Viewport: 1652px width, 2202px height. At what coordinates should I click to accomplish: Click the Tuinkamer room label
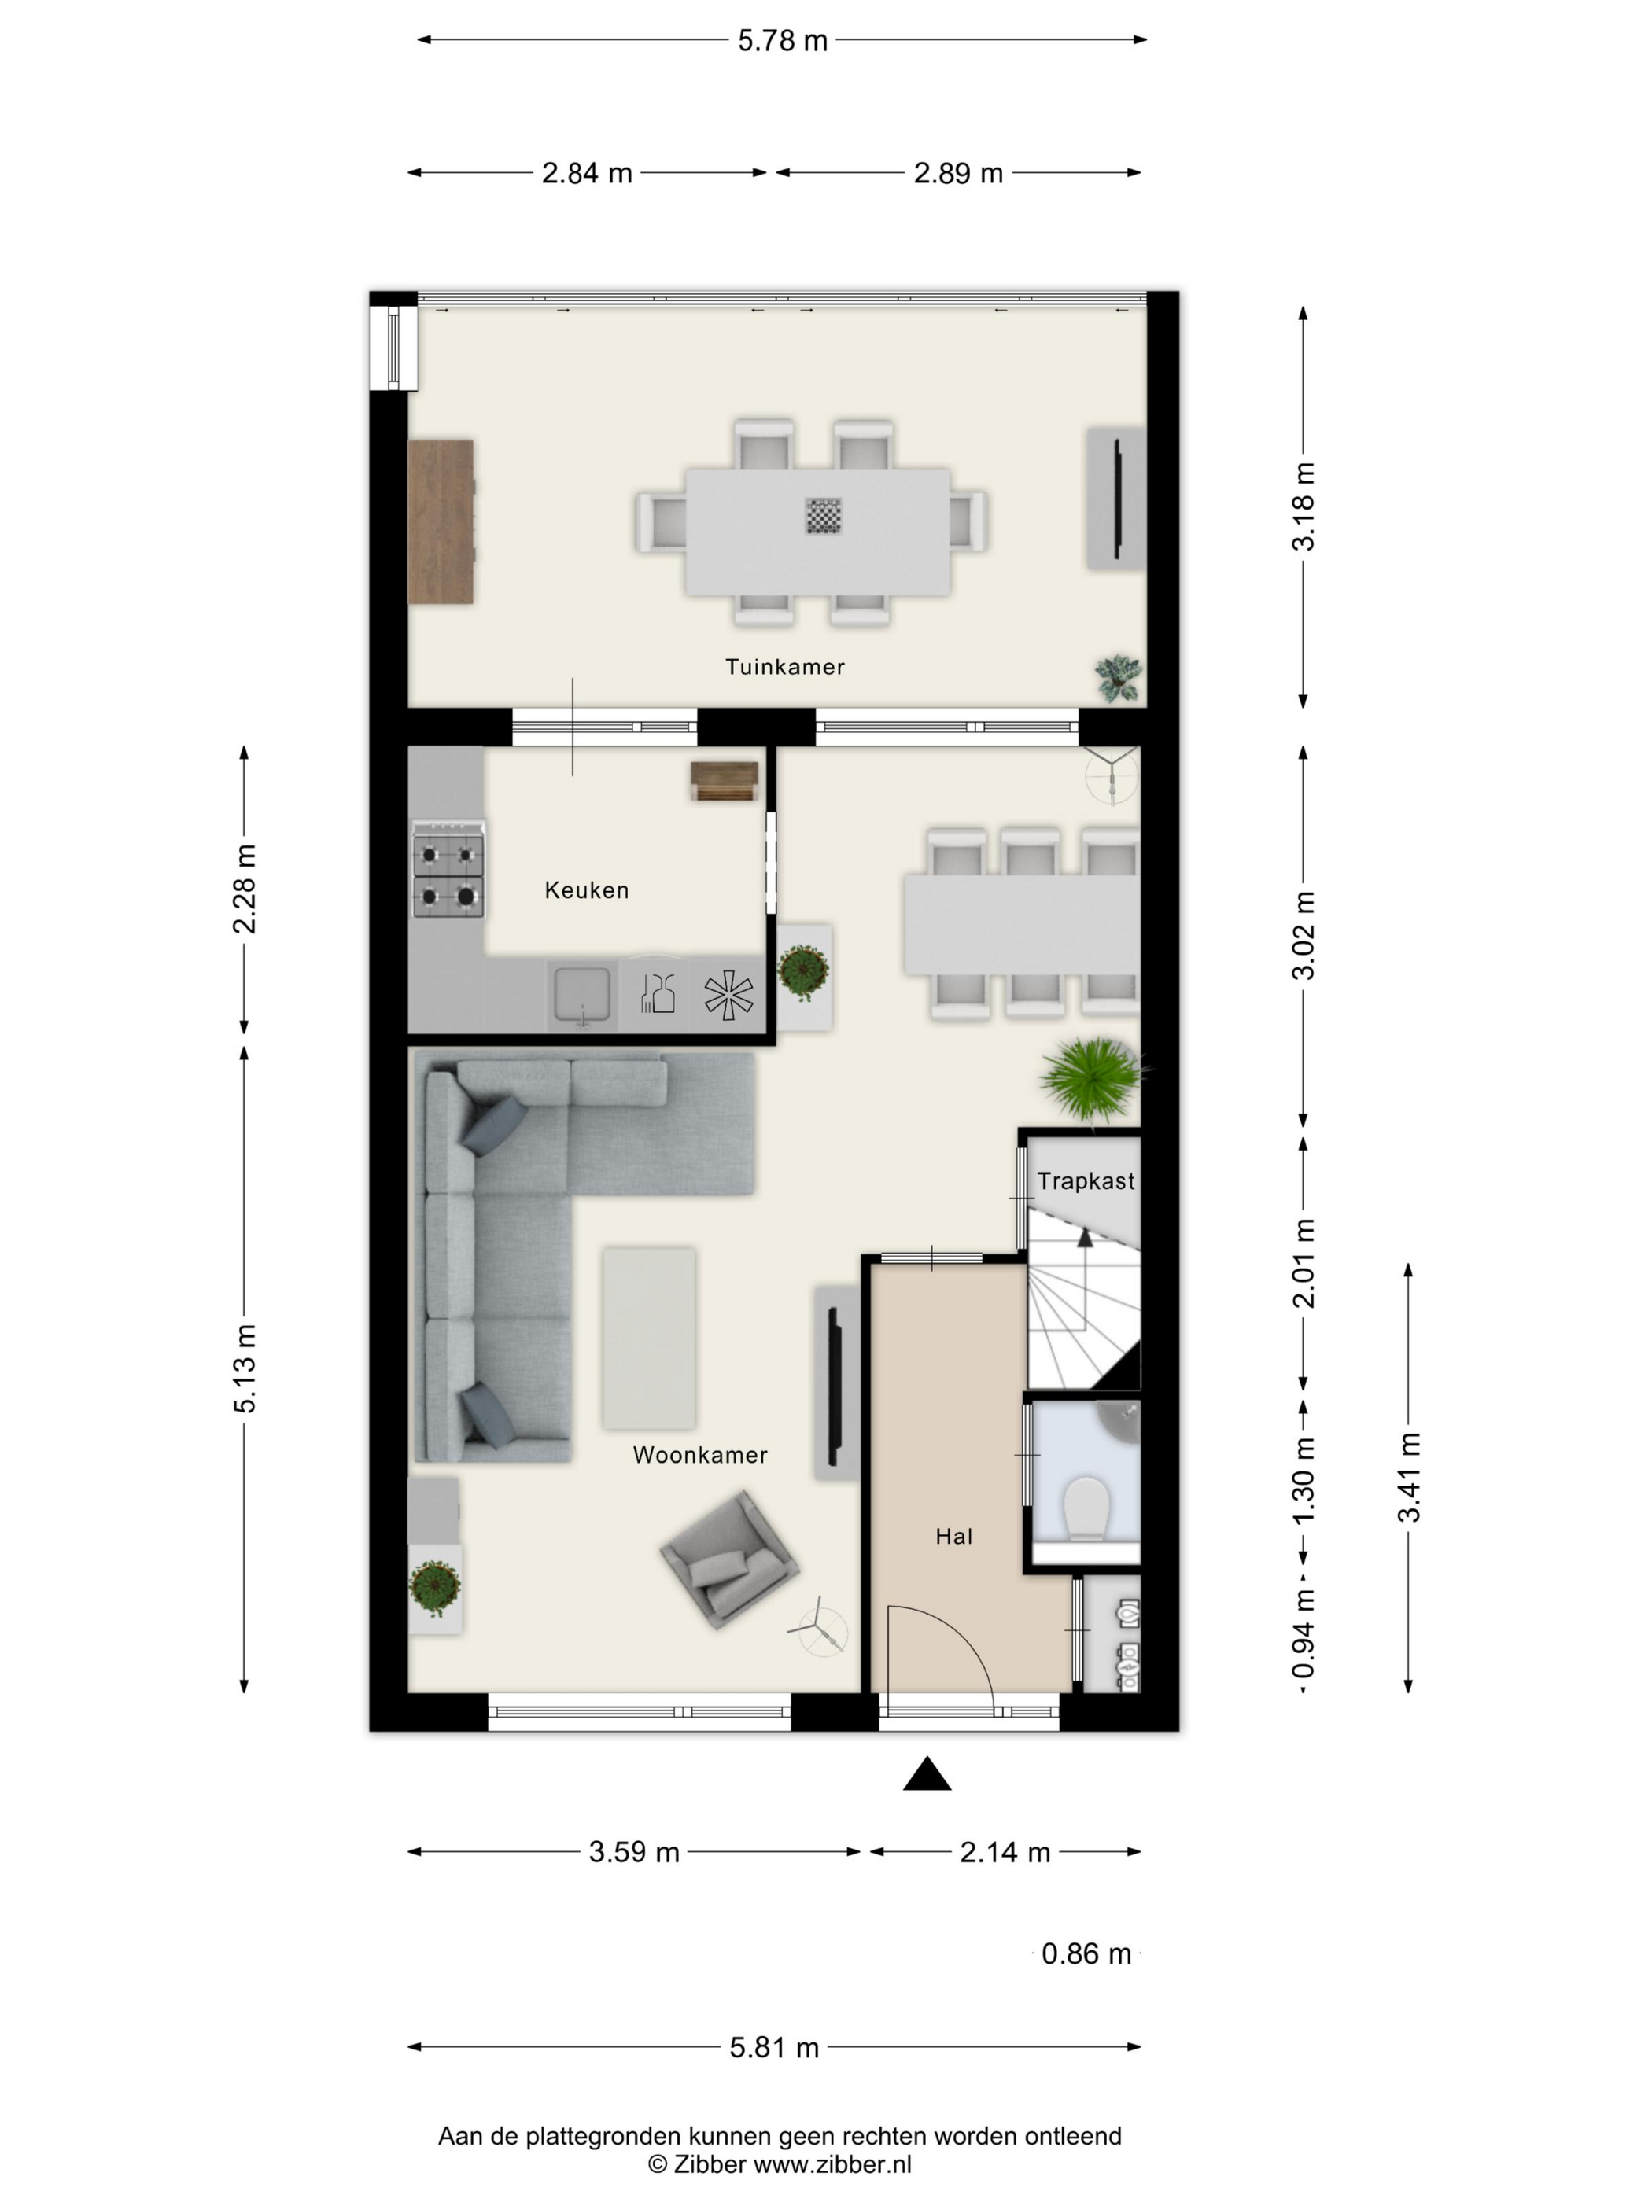pyautogui.click(x=784, y=667)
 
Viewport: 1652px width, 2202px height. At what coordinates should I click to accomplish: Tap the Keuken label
pyautogui.click(x=587, y=890)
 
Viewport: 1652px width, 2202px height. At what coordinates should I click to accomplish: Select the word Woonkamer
pyautogui.click(x=700, y=1456)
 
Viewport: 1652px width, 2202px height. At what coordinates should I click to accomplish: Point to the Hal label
pyautogui.click(x=953, y=1537)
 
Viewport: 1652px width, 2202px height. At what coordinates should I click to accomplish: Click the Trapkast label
pyautogui.click(x=1086, y=1182)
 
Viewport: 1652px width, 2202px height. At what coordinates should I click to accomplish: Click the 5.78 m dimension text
pyautogui.click(x=783, y=41)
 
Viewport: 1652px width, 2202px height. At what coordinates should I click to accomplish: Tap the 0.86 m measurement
pyautogui.click(x=1086, y=1954)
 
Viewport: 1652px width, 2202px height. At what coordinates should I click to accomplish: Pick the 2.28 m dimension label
pyautogui.click(x=245, y=889)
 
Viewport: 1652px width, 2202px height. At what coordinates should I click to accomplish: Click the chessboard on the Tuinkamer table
pyautogui.click(x=824, y=516)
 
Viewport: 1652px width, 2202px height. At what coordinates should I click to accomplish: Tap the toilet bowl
pyautogui.click(x=1086, y=1509)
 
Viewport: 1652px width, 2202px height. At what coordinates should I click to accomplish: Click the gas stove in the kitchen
pyautogui.click(x=448, y=868)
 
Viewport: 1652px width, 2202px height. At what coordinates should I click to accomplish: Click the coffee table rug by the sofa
pyautogui.click(x=648, y=1338)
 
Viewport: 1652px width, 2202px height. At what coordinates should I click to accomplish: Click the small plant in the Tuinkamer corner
pyautogui.click(x=1119, y=678)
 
